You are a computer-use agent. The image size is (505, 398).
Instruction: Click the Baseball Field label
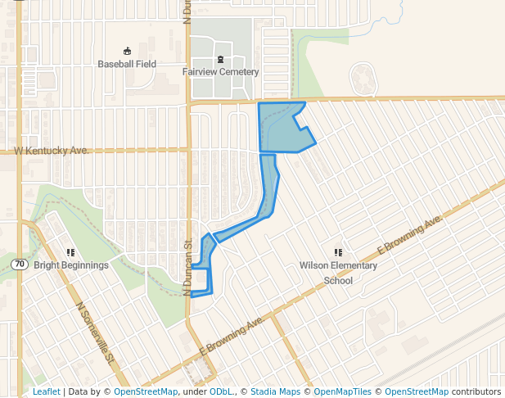point(127,64)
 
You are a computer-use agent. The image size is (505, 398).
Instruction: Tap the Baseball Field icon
point(127,51)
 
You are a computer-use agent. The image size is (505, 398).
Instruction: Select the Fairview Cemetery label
point(220,72)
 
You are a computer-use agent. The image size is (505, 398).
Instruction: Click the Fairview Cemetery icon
point(220,59)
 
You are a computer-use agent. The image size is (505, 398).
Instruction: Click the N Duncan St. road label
point(187,266)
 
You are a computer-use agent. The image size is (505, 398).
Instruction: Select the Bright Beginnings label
point(71,265)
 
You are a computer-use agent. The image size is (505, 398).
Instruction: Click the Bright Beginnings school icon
point(71,252)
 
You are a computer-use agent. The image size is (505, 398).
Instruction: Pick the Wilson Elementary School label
point(338,273)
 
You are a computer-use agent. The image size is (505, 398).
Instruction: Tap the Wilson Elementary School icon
point(338,252)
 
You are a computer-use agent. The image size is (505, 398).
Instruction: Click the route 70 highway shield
point(20,264)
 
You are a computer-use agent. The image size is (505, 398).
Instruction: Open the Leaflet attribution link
point(46,392)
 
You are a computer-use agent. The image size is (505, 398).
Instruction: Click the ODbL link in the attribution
point(221,392)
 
